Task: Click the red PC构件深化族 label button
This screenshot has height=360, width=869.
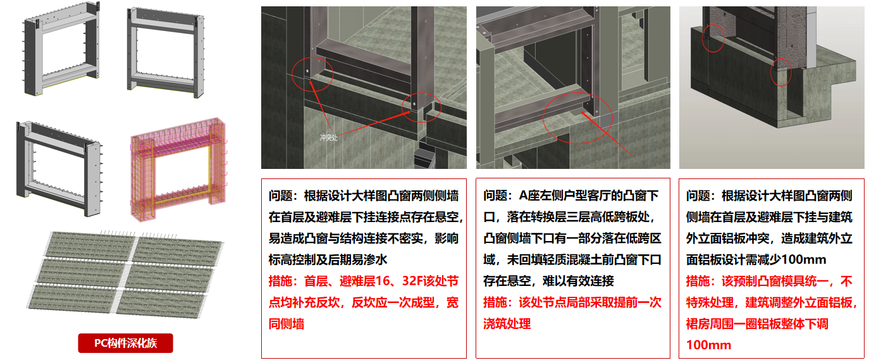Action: point(125,344)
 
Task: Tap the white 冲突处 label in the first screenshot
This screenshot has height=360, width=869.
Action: point(328,136)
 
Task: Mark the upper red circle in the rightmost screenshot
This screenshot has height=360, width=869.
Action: point(713,38)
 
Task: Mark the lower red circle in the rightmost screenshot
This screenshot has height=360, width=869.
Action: point(781,72)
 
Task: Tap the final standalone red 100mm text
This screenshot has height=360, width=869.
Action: point(708,345)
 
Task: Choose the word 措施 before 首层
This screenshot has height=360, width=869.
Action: point(281,281)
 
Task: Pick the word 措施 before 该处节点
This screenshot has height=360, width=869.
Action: point(496,302)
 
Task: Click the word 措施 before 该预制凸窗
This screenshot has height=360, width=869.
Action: point(699,281)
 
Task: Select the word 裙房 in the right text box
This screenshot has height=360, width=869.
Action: point(699,324)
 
